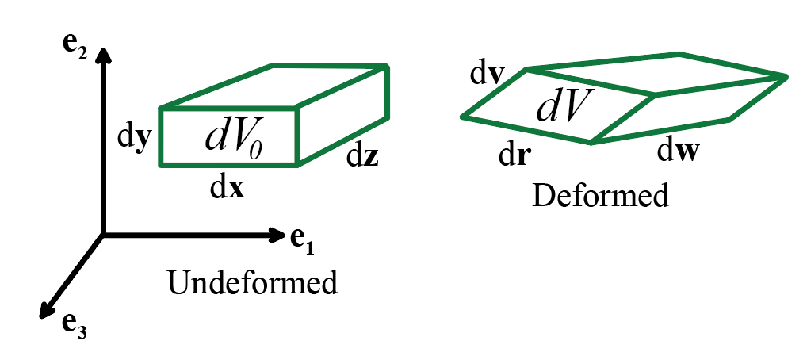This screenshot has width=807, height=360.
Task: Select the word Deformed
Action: [602, 195]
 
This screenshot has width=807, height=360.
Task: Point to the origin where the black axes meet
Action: [103, 234]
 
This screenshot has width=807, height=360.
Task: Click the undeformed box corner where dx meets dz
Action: [298, 165]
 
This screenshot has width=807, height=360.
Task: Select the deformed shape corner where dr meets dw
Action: [591, 143]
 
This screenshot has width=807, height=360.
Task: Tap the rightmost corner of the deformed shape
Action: [786, 76]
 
